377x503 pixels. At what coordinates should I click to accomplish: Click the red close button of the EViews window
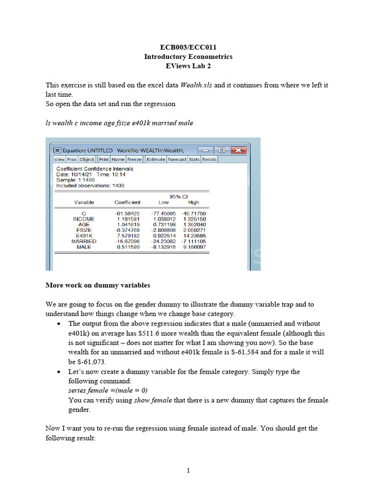pos(238,150)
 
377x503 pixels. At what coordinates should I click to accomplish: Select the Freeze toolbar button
pos(135,159)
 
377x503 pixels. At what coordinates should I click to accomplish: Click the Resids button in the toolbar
pos(209,159)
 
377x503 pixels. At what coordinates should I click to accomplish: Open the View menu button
pos(59,159)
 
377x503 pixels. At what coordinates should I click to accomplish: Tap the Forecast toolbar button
pos(177,159)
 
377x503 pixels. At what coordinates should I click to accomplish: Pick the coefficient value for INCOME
pos(127,219)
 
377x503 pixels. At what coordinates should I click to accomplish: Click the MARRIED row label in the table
pos(84,241)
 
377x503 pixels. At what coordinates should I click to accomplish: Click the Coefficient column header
pos(127,202)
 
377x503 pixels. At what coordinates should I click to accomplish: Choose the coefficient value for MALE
pos(128,247)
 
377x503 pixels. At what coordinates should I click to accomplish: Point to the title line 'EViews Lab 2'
pos(188,66)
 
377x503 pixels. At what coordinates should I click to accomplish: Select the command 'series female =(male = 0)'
pos(108,391)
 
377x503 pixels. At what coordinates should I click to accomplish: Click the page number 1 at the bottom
pos(188,471)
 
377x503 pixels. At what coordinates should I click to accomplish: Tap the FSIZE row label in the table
pos(84,230)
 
